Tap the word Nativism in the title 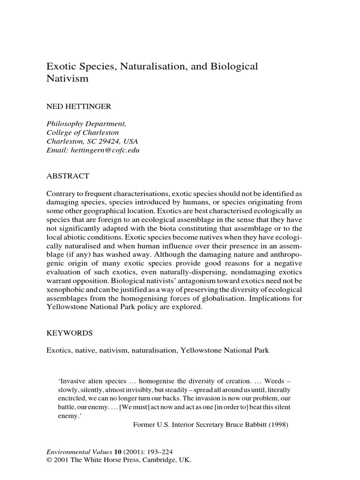(67, 79)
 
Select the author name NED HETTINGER (78, 107)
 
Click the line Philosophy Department (86, 124)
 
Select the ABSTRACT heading (67, 176)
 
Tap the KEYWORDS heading (70, 333)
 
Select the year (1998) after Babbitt (277, 426)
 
